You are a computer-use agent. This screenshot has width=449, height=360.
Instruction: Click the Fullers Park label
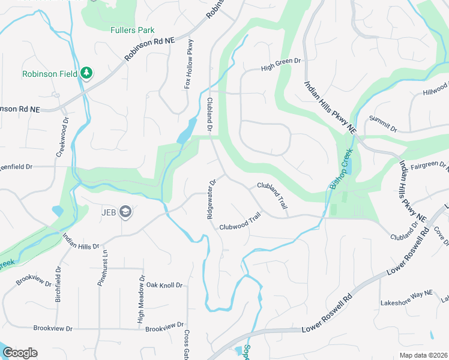pos(132,30)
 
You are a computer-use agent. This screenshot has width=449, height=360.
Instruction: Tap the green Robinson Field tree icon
pos(88,73)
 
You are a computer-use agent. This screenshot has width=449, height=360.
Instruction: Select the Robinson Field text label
pos(50,74)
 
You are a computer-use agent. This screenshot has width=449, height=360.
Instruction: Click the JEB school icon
pos(125,211)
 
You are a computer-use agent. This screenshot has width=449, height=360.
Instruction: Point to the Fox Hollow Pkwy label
pos(189,64)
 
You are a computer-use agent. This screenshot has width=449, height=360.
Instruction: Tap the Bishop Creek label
pos(341,173)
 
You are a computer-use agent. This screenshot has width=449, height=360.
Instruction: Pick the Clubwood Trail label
pos(240,221)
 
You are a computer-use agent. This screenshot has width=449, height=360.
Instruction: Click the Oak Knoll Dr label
pos(164,285)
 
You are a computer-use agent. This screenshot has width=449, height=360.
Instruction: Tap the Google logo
pos(20,353)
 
